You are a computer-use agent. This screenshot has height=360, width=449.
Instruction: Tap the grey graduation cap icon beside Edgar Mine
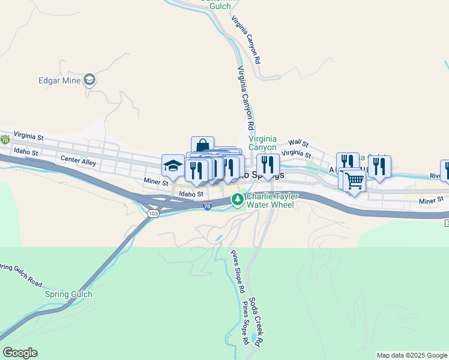pos(89,79)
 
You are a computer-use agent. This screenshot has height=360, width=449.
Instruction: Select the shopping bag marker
pos(202,146)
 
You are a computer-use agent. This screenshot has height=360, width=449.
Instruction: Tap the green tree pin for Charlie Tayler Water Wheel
pos(238,199)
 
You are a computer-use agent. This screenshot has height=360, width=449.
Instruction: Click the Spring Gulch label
pos(68,294)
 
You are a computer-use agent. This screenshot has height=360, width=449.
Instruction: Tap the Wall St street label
pos(298,143)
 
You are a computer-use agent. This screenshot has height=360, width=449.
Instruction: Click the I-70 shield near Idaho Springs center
pos(206,206)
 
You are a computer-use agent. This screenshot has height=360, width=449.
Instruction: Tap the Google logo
pos(20,353)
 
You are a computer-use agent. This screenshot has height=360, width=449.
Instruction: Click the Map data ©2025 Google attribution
pos(412,355)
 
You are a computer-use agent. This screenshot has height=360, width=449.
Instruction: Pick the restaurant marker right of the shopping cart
pos(379,166)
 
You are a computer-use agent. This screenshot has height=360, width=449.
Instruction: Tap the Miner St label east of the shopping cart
pos(431,199)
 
